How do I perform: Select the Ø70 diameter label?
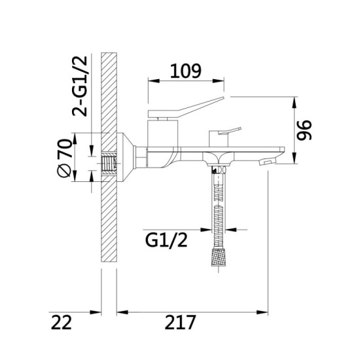tap(63, 158)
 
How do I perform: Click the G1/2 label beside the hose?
tap(166, 240)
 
